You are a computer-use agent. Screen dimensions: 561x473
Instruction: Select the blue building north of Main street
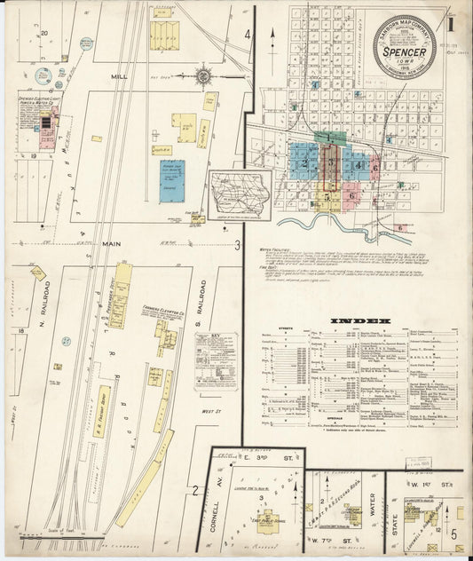(x=172, y=180)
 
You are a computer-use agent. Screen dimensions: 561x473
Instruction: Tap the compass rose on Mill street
(x=203, y=76)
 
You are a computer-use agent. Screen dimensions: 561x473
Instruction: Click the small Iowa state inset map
(x=240, y=195)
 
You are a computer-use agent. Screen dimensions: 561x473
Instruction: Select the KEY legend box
(x=216, y=360)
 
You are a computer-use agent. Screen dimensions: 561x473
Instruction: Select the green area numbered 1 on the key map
(x=330, y=138)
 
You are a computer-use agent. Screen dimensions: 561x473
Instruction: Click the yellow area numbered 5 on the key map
(x=328, y=196)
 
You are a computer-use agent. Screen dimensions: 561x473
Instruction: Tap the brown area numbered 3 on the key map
(x=329, y=165)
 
